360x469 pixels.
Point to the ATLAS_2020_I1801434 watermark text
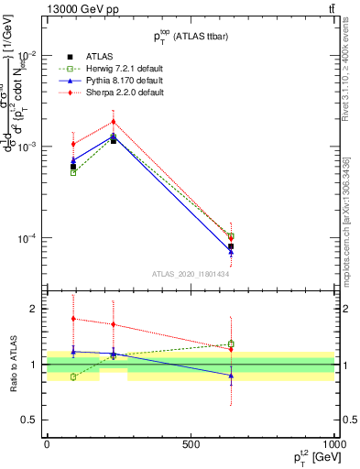click(x=191, y=274)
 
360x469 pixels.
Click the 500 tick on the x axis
click(x=191, y=443)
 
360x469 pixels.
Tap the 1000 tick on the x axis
click(x=333, y=443)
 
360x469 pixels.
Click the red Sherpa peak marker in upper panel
click(x=114, y=122)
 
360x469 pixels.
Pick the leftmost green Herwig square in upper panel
click(x=73, y=172)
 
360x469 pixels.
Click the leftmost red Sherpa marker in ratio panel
click(x=73, y=319)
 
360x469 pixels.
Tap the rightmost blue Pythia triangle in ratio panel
click(x=231, y=376)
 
